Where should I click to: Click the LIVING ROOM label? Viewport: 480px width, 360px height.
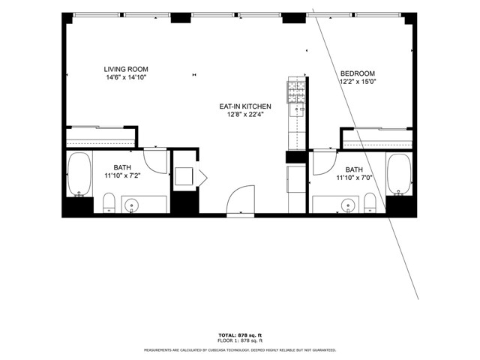pyautogui.click(x=126, y=69)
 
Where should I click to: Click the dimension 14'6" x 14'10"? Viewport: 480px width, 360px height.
pyautogui.click(x=126, y=77)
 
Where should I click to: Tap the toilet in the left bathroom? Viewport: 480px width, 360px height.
pyautogui.click(x=108, y=202)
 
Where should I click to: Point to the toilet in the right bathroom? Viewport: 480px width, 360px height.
pyautogui.click(x=369, y=202)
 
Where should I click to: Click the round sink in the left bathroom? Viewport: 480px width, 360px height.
pyautogui.click(x=132, y=205)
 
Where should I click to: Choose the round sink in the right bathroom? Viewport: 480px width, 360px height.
pyautogui.click(x=348, y=205)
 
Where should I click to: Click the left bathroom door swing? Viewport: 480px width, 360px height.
pyautogui.click(x=155, y=160)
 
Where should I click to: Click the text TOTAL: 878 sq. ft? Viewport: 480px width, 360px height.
pyautogui.click(x=240, y=334)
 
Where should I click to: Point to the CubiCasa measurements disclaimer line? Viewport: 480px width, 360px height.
pyautogui.click(x=240, y=349)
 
